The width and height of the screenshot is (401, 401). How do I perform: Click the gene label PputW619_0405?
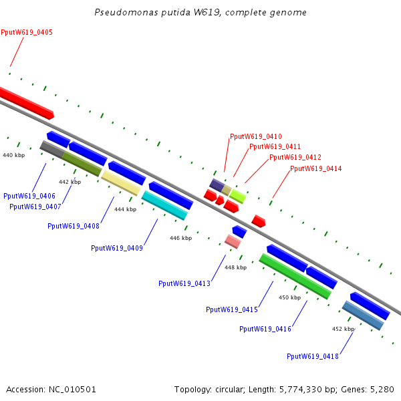(27, 33)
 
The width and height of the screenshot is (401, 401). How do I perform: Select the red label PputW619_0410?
(256, 136)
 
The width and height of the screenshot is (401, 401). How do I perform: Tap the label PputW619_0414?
(316, 168)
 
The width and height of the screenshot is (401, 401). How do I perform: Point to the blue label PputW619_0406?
(29, 196)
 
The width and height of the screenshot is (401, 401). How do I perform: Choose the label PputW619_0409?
(117, 248)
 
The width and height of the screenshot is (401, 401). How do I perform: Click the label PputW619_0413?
(184, 283)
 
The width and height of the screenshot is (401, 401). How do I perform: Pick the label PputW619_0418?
(313, 356)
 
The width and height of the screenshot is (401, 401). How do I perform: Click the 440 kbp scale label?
(14, 155)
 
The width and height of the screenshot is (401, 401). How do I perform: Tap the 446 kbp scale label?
(181, 238)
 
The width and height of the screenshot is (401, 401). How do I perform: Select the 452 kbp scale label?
(344, 329)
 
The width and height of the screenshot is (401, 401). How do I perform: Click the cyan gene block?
(164, 205)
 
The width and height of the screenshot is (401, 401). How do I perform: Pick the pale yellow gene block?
(121, 183)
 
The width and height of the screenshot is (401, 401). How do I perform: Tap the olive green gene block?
(82, 164)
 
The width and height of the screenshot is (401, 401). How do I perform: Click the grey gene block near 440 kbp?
(52, 149)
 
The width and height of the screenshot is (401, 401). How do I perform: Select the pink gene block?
(233, 241)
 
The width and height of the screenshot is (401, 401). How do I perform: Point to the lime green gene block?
(237, 196)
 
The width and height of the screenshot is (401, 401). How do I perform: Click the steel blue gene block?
(363, 315)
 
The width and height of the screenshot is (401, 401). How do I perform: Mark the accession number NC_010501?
(72, 390)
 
